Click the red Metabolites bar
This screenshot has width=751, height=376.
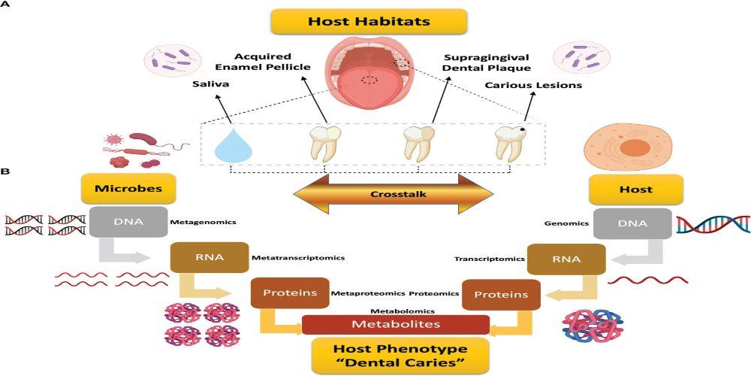(396, 325)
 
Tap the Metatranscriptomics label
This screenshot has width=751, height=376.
(298, 258)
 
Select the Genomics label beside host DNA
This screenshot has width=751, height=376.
(563, 223)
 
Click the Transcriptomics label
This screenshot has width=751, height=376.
(488, 259)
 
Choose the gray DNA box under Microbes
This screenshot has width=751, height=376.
(128, 221)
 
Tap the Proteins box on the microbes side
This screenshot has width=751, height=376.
(290, 293)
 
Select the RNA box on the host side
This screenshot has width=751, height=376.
(566, 259)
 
